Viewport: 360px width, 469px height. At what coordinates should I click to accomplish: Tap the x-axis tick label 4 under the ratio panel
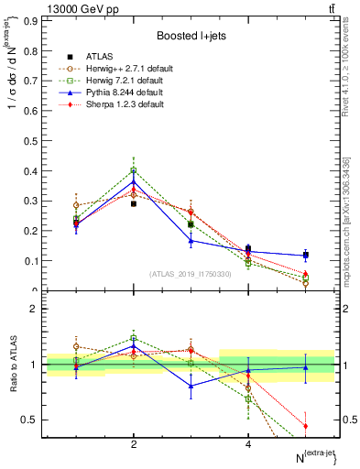click(x=248, y=444)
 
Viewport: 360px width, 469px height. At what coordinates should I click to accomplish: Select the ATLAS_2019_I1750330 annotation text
click(x=191, y=274)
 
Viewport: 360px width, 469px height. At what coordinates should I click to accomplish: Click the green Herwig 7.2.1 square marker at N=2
click(x=134, y=170)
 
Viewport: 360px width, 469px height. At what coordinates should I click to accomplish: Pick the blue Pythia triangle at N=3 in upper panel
click(x=191, y=240)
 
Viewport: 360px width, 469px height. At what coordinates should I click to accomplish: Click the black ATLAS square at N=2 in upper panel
click(x=134, y=203)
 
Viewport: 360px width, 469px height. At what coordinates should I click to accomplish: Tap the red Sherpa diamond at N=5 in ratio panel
click(x=305, y=426)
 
